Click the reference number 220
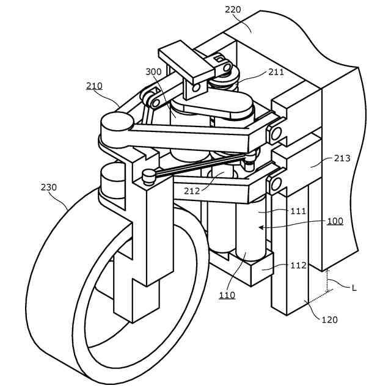coord(233,9)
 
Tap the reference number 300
coord(154,72)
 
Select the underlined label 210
coord(94,86)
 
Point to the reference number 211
coord(276,72)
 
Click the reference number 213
coord(342,158)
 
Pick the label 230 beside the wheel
coord(49,187)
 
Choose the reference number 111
coord(298,211)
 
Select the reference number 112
coord(298,265)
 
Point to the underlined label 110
coord(227,296)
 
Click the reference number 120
coord(329,319)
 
